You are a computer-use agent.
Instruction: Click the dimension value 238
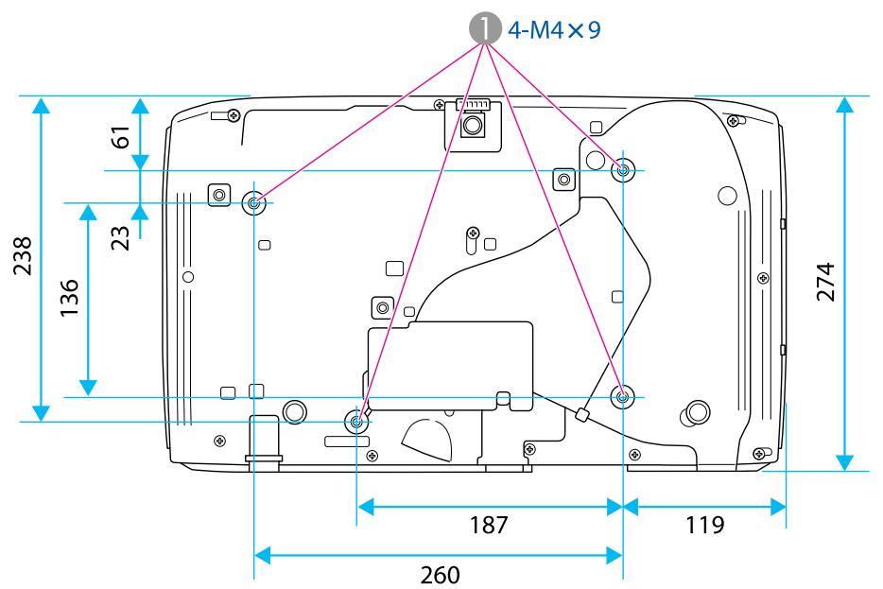coord(23,255)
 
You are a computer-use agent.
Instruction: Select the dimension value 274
coord(826,282)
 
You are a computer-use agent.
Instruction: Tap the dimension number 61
coord(121,137)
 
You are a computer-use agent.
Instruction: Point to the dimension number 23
coord(120,237)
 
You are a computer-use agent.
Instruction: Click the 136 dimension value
coord(70,297)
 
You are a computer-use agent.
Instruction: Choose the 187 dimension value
coord(489,525)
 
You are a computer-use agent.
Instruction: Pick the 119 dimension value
coord(704,525)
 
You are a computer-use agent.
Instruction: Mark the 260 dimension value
coord(440,575)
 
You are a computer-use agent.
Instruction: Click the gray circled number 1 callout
coord(485,29)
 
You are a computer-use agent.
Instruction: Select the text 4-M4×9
coord(554,30)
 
